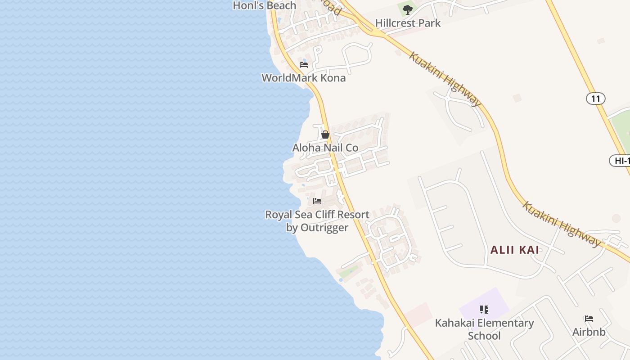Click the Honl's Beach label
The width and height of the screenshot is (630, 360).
coord(264,5)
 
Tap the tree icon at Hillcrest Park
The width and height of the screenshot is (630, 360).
coord(408,9)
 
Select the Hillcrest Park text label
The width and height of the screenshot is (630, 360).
coord(408,22)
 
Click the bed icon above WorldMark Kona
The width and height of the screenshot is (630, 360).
coord(304,65)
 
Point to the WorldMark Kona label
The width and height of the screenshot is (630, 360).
coord(304,78)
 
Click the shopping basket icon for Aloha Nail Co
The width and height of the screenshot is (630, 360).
coord(325,135)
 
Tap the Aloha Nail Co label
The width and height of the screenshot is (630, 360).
coord(325,148)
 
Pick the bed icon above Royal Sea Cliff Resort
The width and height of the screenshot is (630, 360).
coord(317,201)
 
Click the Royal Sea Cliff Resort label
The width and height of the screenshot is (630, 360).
coord(317,215)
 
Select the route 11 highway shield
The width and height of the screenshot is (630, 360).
coord(595,99)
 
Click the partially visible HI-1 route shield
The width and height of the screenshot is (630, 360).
coord(621,161)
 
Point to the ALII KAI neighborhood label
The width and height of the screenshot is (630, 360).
coord(515,250)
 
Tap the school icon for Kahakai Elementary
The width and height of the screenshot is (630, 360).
coord(484,310)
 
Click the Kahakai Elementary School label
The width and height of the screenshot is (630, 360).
coord(484,329)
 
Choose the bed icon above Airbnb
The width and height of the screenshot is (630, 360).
coord(589,319)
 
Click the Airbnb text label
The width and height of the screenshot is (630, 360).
coord(589,332)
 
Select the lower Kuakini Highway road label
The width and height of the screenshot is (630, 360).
coord(561,224)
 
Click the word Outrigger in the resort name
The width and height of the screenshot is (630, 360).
coord(324,228)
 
